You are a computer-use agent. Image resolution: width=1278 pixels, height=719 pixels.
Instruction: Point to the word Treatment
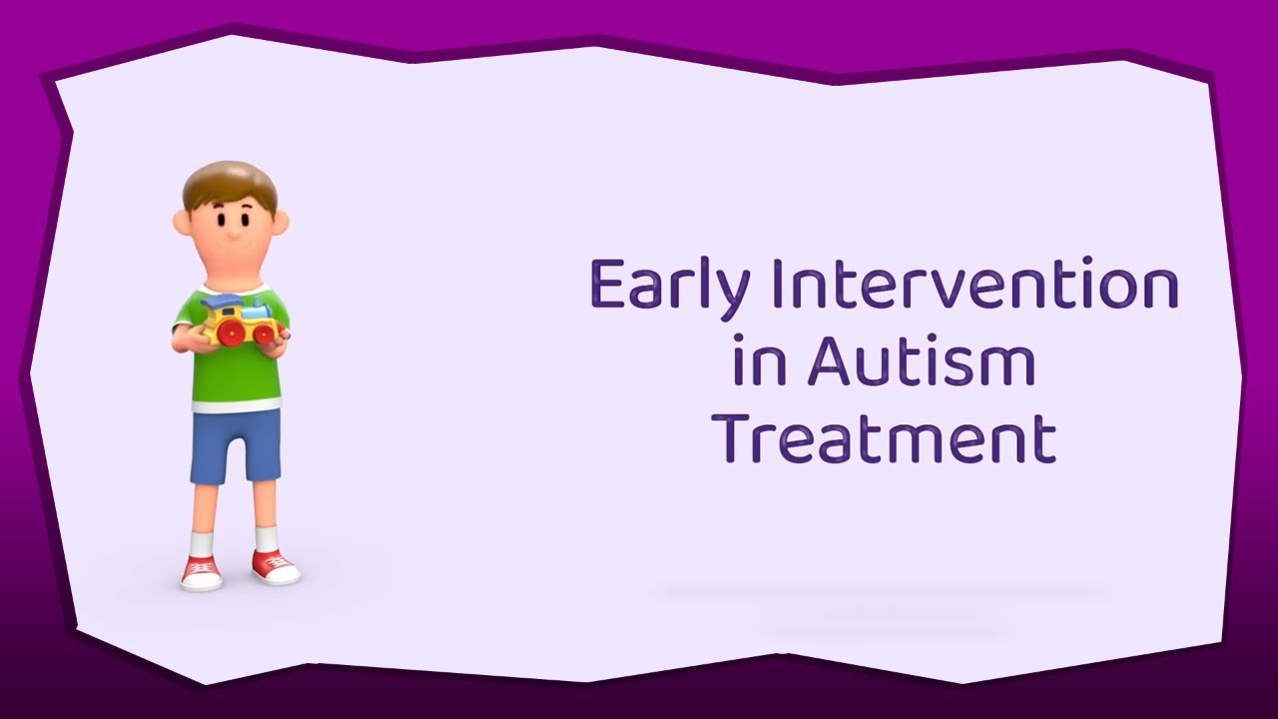click(888, 440)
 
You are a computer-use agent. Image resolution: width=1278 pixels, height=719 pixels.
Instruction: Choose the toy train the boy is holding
click(239, 320)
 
